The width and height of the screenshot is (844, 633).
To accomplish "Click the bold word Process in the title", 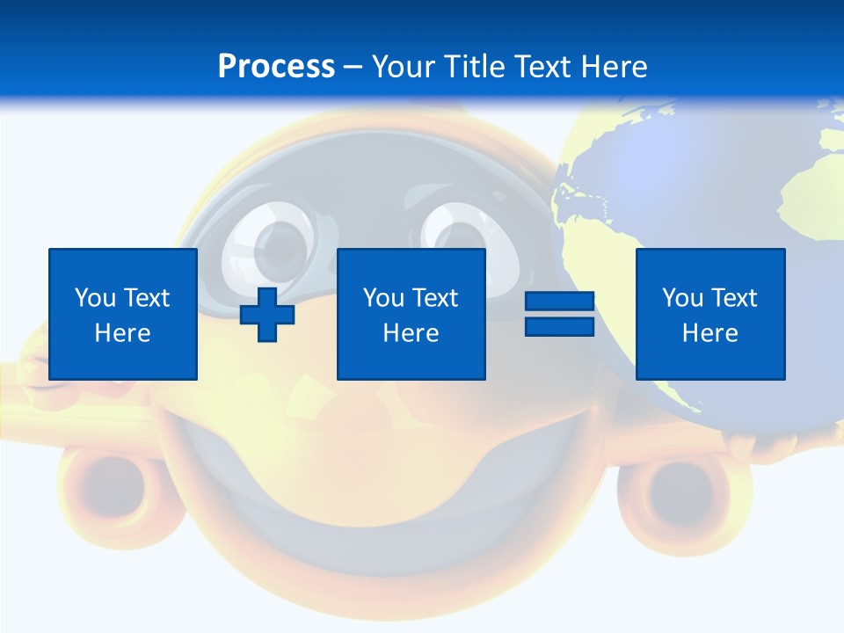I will [276, 67].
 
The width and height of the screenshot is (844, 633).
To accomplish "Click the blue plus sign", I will [267, 314].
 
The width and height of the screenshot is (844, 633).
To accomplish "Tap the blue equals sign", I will [559, 314].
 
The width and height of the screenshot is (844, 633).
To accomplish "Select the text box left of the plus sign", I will [123, 314].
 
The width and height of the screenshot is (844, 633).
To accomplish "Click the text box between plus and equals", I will [411, 314].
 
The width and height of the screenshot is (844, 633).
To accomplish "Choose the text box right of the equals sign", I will [709, 314].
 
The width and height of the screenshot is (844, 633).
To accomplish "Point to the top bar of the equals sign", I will [559, 302].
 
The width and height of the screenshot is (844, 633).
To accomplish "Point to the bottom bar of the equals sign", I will [559, 326].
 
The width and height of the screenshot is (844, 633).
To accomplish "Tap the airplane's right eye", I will [457, 233].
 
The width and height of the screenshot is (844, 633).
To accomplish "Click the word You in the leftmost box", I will [95, 298].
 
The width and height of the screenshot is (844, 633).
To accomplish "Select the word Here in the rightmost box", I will [709, 333].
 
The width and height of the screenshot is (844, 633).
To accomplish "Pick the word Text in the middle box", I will [433, 298].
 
